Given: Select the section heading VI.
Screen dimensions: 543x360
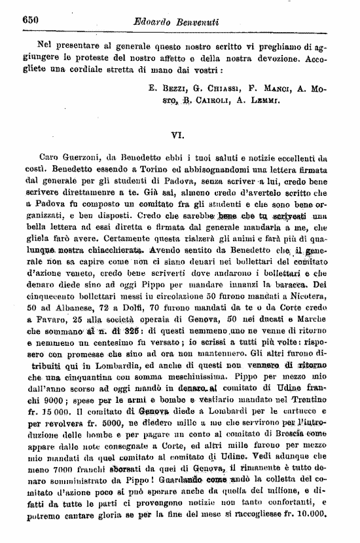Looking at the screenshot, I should tap(176, 136).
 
